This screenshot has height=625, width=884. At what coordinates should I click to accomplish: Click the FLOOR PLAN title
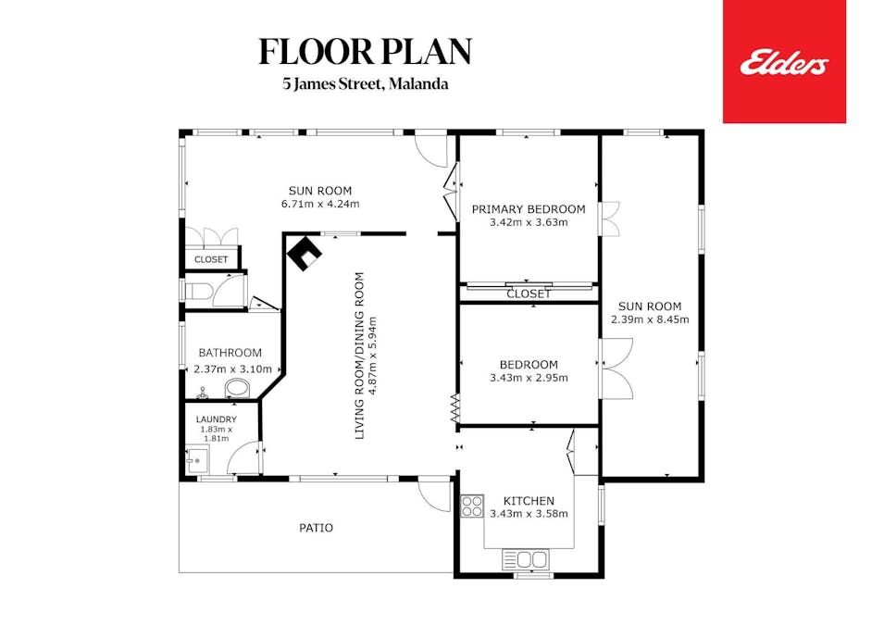point(365,52)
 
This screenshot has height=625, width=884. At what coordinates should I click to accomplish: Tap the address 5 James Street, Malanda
point(366,84)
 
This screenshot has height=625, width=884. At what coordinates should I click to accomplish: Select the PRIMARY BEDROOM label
point(529,209)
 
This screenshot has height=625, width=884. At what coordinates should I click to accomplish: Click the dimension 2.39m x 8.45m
point(650,320)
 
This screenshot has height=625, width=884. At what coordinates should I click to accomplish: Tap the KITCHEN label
point(529,500)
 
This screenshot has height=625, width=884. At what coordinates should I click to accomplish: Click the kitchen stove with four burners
point(471,506)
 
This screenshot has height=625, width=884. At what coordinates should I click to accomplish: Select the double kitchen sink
point(525,559)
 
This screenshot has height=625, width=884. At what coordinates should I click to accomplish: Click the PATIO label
point(316,528)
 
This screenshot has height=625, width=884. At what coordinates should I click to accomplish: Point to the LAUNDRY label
point(216,419)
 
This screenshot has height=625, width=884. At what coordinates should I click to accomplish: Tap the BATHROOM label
point(230,353)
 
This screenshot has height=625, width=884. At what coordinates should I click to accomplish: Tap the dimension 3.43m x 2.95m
point(529,378)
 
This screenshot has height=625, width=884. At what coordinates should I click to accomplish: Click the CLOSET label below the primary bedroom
point(529,294)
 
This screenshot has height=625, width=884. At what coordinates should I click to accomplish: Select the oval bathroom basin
point(237,388)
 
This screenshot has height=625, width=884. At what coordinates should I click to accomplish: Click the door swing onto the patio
point(431,495)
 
